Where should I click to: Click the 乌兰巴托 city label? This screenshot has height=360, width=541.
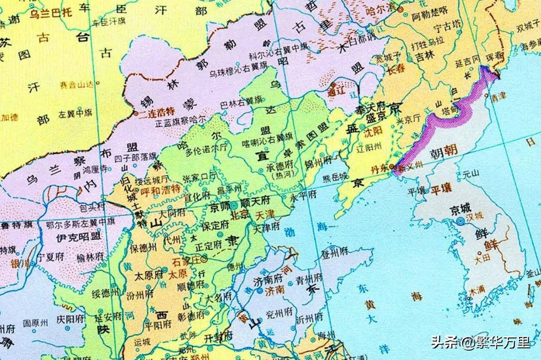(x=51, y=13)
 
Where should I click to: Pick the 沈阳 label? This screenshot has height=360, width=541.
(x=373, y=133)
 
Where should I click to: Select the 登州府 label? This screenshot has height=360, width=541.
(x=334, y=252)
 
